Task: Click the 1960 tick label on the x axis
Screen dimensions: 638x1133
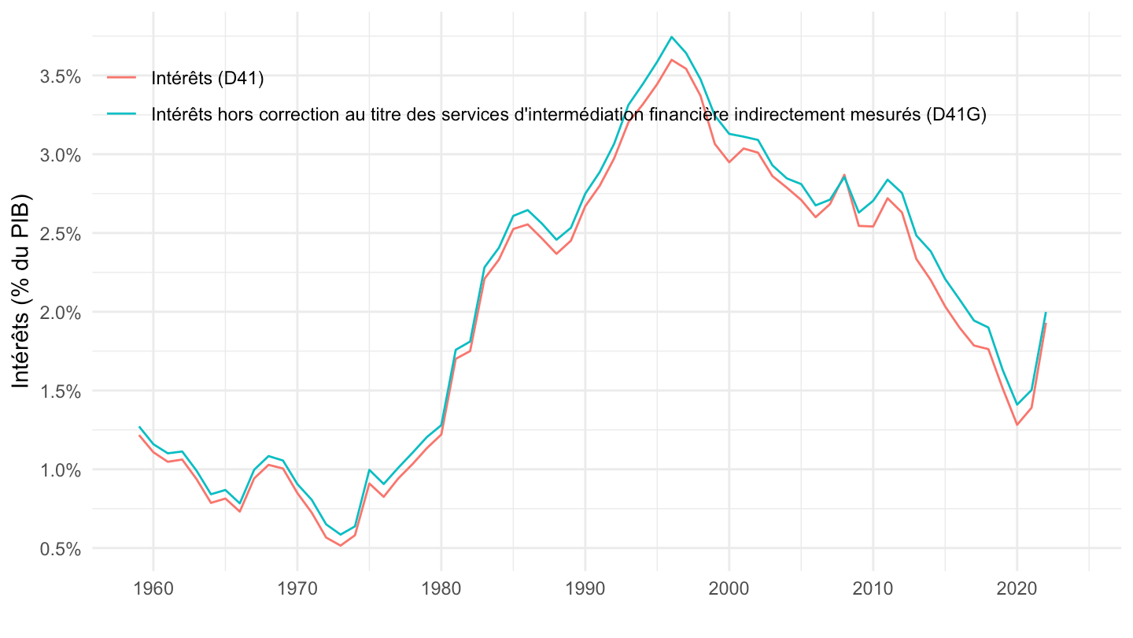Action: [x=153, y=591]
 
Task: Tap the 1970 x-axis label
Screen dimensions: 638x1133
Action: [x=297, y=591]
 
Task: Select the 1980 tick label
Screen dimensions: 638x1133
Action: [x=441, y=591]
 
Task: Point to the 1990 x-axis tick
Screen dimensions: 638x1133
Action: [x=585, y=591]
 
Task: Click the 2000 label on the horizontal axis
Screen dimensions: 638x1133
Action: [x=729, y=591]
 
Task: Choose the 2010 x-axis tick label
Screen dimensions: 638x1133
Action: [x=873, y=591]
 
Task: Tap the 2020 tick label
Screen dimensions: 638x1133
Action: [x=1017, y=591]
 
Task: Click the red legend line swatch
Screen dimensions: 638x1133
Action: [x=122, y=76]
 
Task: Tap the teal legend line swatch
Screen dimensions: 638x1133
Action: [x=122, y=114]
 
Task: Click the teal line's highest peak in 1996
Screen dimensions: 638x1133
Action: [x=672, y=37]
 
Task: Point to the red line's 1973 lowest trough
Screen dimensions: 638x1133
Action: [x=341, y=545]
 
